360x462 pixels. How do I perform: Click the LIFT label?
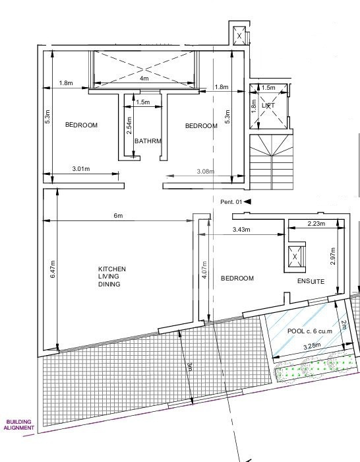point(268,105)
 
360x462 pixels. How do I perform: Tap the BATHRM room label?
point(148,141)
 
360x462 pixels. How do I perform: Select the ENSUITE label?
point(311,281)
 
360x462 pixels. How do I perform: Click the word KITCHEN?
point(112,269)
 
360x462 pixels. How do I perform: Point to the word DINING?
point(109,284)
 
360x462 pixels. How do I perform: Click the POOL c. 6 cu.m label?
point(310,331)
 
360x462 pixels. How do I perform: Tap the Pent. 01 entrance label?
point(231,202)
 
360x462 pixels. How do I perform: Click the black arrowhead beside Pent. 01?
point(247,201)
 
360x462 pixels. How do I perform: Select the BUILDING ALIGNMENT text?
point(19,425)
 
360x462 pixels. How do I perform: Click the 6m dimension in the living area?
point(118,216)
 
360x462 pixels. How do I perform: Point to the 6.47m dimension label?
point(53,269)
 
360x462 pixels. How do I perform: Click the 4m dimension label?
point(144,79)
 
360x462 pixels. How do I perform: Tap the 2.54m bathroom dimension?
point(129,125)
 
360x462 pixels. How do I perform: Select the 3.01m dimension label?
point(81,169)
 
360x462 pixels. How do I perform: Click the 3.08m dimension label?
point(206,171)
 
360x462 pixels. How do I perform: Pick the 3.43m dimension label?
point(241,229)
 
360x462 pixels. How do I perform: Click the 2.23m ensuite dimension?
point(316,224)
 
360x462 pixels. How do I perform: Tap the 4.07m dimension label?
point(204,269)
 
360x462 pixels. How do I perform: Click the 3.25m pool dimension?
point(312,346)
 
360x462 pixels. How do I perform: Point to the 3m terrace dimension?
point(190,367)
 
